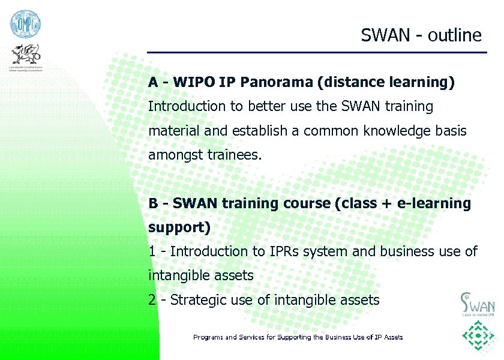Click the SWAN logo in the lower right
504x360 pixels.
pyautogui.click(x=477, y=304)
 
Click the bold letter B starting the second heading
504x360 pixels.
pyautogui.click(x=153, y=203)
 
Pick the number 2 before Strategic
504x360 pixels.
pyautogui.click(x=152, y=300)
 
